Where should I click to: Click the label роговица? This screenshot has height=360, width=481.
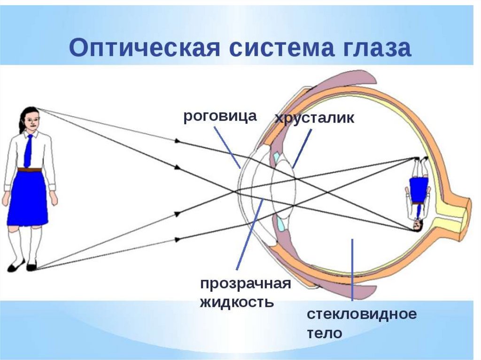point(220,116)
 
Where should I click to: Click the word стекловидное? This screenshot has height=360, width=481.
point(362,314)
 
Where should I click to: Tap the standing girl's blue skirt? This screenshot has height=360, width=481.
point(27,197)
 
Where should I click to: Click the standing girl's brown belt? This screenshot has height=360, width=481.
point(29,169)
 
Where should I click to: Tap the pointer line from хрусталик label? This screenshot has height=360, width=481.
point(302,148)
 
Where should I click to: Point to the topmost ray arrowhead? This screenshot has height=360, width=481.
point(178,140)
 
